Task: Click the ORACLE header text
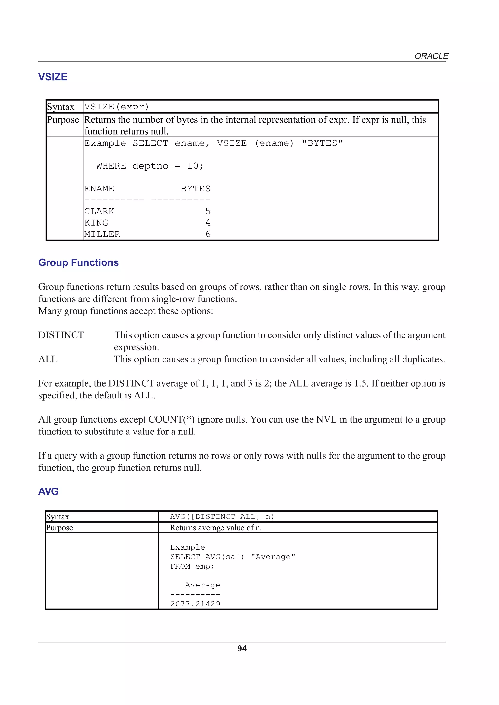click(431, 56)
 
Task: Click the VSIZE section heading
click(53, 77)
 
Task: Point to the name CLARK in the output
click(99, 211)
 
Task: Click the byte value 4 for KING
click(208, 223)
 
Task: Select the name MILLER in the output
click(102, 234)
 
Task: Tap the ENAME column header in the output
click(99, 189)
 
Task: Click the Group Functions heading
click(78, 262)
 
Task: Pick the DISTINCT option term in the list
click(61, 335)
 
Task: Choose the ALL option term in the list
click(48, 359)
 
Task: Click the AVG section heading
click(48, 492)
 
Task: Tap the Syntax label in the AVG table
click(58, 517)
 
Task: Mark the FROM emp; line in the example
click(192, 566)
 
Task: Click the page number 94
click(242, 649)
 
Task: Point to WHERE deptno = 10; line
click(150, 166)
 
